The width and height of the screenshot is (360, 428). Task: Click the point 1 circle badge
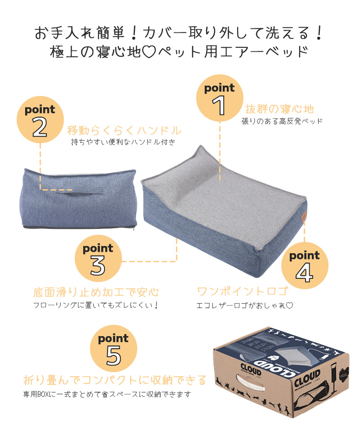pyautogui.click(x=220, y=98)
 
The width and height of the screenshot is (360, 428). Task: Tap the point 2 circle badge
pyautogui.click(x=40, y=119)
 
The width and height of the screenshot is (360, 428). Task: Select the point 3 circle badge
pyautogui.click(x=98, y=258)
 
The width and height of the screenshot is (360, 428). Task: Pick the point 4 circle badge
pyautogui.click(x=305, y=266)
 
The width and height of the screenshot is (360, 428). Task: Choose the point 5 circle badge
pyautogui.click(x=113, y=348)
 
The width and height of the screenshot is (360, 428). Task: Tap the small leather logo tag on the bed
pyautogui.click(x=303, y=216)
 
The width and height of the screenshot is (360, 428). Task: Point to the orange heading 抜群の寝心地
pyautogui.click(x=279, y=109)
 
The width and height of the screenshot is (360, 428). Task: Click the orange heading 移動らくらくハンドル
pyautogui.click(x=124, y=131)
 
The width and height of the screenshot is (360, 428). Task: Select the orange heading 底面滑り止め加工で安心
pyautogui.click(x=96, y=292)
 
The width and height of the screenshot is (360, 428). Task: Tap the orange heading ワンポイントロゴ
pyautogui.click(x=243, y=291)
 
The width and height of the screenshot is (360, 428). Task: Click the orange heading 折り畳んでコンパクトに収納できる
pyautogui.click(x=115, y=380)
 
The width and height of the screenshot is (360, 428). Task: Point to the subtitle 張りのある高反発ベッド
pyautogui.click(x=282, y=121)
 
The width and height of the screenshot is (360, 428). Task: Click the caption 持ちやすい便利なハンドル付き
pyautogui.click(x=123, y=142)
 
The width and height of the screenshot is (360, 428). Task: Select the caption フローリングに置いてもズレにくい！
pyautogui.click(x=96, y=305)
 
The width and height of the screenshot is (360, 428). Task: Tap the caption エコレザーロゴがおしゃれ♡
pyautogui.click(x=245, y=305)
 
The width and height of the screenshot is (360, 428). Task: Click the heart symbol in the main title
pyautogui.click(x=149, y=52)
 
